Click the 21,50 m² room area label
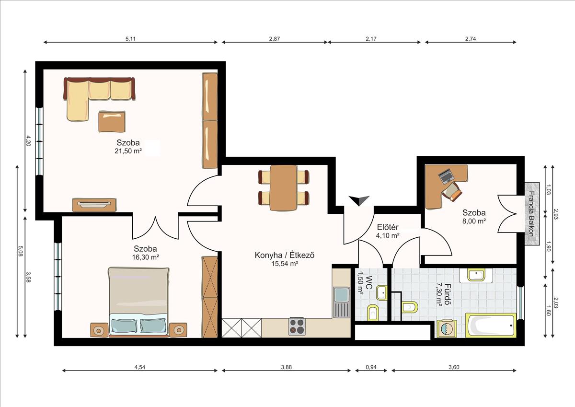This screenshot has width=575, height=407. (128, 151)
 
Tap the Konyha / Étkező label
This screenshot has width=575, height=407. (285, 255)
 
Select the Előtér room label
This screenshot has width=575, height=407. (388, 227)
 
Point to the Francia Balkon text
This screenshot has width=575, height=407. (531, 214)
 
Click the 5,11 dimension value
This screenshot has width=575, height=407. (130, 39)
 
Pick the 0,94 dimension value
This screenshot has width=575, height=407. (371, 367)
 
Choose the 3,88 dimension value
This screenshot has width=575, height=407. (286, 367)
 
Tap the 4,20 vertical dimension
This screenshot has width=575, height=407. (28, 141)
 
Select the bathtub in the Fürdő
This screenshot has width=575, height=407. (491, 325)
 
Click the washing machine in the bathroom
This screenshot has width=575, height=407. (447, 328)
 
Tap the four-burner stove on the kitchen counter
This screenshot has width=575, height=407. (297, 326)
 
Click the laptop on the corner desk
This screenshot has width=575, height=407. (446, 176)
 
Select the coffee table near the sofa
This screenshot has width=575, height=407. (112, 122)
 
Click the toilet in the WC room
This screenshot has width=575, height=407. (372, 313)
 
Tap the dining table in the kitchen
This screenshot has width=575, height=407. (283, 188)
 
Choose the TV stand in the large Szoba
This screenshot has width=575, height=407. (94, 205)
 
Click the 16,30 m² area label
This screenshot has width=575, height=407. (145, 257)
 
